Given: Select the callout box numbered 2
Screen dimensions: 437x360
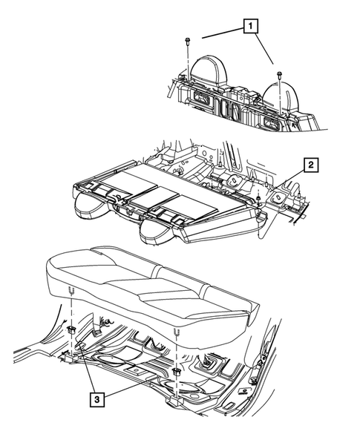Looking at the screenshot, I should coord(312,165).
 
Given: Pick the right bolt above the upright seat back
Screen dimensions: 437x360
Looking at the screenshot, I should coord(279,73).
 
